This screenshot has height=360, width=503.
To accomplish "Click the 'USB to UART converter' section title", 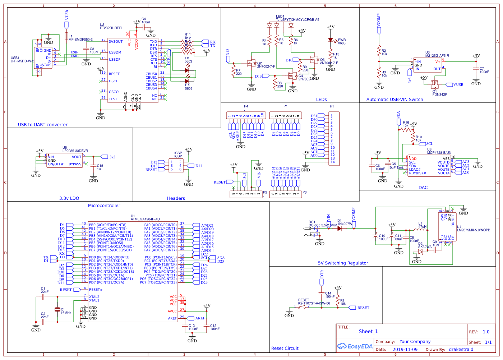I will [43, 125].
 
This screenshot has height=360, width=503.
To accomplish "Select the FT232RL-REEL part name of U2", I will [111, 28].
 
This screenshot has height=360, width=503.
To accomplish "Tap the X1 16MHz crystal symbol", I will [57, 309].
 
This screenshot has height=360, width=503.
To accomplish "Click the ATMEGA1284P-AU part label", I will [145, 219].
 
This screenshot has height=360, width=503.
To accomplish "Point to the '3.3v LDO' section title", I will [69, 198].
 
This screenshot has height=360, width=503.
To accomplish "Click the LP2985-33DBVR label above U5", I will [75, 151].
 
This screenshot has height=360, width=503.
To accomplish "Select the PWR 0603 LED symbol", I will [331, 40].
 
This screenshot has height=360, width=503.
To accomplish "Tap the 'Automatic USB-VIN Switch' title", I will [394, 100].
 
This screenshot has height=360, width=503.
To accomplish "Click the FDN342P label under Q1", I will [440, 95].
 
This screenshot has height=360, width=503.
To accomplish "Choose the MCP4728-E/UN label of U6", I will [439, 153].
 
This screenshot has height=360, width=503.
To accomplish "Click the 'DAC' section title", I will [423, 188].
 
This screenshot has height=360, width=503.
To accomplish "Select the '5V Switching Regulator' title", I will [343, 263].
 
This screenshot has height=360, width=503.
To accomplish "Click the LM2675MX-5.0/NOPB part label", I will [473, 230].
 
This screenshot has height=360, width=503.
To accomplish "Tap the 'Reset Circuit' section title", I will [285, 348].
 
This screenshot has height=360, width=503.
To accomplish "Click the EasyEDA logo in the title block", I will [355, 346].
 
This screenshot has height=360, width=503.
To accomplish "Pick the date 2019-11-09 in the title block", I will [405, 349].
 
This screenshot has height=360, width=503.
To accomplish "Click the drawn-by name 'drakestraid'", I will [461, 349].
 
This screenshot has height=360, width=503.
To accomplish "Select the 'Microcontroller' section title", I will [104, 206].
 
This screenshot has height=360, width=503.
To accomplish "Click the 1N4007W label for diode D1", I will [345, 224].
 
